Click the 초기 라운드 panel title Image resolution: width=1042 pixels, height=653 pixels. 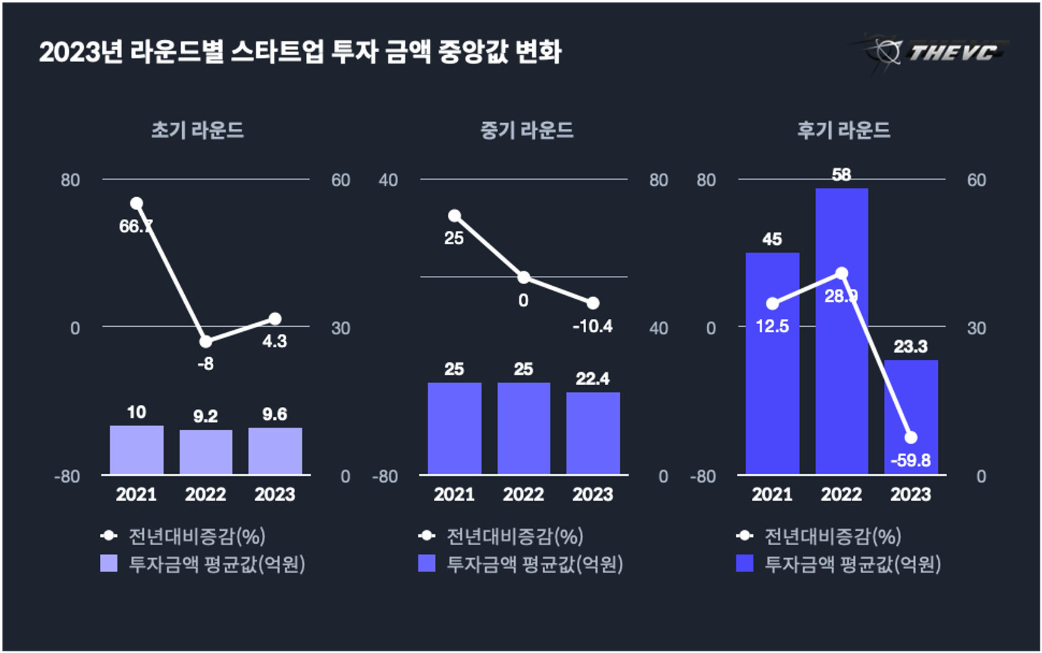[x=198, y=130]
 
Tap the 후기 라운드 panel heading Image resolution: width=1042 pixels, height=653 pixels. [x=844, y=130]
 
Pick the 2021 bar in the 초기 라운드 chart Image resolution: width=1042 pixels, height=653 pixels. [x=136, y=450]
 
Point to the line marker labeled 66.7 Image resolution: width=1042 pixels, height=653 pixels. [x=136, y=203]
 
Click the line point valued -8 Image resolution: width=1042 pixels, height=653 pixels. [x=206, y=342]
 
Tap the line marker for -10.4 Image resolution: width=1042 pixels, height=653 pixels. [x=593, y=303]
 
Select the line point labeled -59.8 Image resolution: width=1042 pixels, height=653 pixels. [x=911, y=438]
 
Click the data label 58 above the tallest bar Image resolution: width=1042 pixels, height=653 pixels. [x=842, y=175]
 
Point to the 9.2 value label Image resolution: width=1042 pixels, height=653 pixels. [x=205, y=416]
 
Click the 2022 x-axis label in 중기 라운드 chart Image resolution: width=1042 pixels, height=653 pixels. [x=523, y=494]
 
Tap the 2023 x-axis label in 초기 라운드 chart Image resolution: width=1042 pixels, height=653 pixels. [x=275, y=494]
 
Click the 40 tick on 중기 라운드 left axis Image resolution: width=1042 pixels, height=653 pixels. [x=388, y=180]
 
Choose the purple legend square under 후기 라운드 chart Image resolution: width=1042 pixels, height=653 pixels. [x=744, y=563]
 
